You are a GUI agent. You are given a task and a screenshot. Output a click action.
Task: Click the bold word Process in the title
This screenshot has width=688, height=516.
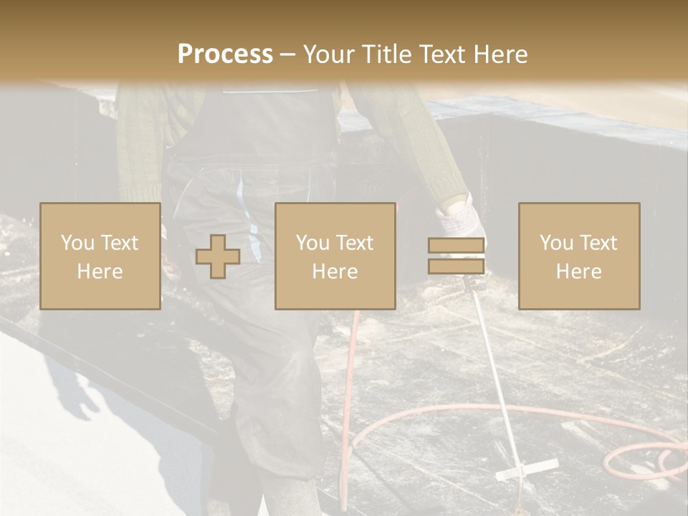click(225, 54)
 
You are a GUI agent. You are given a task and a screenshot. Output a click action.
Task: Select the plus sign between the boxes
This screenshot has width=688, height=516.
click(218, 256)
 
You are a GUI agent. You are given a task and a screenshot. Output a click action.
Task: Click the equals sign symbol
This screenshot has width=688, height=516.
click(456, 256)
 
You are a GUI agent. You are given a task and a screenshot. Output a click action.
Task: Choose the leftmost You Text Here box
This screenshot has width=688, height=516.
click(100, 256)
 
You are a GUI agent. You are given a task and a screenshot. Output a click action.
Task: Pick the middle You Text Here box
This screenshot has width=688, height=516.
click(335, 256)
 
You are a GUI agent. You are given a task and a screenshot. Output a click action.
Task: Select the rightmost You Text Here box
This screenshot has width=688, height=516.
click(579, 256)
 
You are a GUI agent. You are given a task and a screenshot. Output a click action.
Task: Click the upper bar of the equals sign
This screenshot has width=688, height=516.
click(456, 246)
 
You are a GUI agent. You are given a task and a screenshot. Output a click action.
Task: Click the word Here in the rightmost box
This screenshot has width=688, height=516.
click(579, 271)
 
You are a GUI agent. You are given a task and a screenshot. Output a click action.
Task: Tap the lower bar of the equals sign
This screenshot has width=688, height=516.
click(456, 266)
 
